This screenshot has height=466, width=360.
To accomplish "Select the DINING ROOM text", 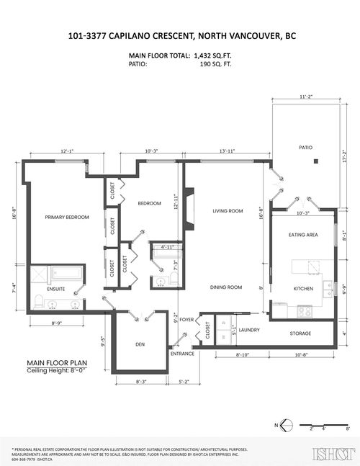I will (x=225, y=287).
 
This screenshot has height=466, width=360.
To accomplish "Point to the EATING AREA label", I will (x=303, y=234).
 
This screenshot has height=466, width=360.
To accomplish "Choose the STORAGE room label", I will (x=301, y=333).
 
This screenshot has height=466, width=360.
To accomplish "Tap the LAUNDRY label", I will (x=249, y=330).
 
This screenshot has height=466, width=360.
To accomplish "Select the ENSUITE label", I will (x=55, y=289).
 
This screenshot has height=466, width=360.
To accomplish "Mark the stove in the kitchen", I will (x=305, y=313).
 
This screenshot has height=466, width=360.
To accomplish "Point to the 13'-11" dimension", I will (x=226, y=151).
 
